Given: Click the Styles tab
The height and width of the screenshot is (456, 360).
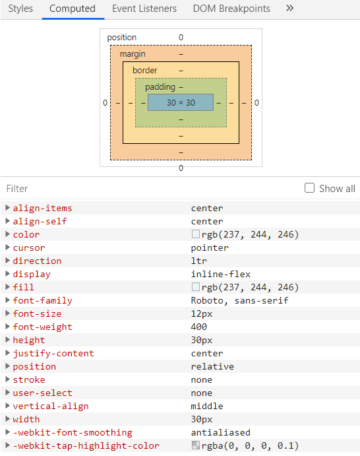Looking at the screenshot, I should click(20, 9).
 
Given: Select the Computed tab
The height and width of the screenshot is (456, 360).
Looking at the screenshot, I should click(73, 9).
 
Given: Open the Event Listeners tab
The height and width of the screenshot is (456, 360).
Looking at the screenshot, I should click(144, 9).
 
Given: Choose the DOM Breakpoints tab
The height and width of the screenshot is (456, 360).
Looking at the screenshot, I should click(231, 9).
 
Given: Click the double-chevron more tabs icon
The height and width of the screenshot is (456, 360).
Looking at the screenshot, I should click(289, 9).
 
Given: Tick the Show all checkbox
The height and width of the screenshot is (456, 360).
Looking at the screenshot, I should click(310, 188).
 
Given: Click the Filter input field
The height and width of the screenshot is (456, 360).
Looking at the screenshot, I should click(145, 188).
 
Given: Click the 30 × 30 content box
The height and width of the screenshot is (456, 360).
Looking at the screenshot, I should click(181, 102).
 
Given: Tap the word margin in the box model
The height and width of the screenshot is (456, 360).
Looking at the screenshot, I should click(133, 53).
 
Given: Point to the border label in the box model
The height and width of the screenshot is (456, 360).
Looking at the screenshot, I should click(145, 70).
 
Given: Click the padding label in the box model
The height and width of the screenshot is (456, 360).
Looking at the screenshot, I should click(160, 86).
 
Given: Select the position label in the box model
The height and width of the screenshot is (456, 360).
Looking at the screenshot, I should click(122, 38).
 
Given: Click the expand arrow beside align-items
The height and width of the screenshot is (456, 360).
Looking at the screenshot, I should click(7, 208).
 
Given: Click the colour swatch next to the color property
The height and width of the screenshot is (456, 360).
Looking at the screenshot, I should click(196, 234).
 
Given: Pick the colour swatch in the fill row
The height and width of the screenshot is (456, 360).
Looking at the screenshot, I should click(196, 287).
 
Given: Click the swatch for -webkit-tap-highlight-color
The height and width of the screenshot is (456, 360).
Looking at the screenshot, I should click(196, 445).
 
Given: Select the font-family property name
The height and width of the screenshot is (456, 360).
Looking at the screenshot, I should click(43, 300).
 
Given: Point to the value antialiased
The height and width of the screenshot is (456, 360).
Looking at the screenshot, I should click(221, 432).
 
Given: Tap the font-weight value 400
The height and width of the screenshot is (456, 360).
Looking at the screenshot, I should click(199, 327).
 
